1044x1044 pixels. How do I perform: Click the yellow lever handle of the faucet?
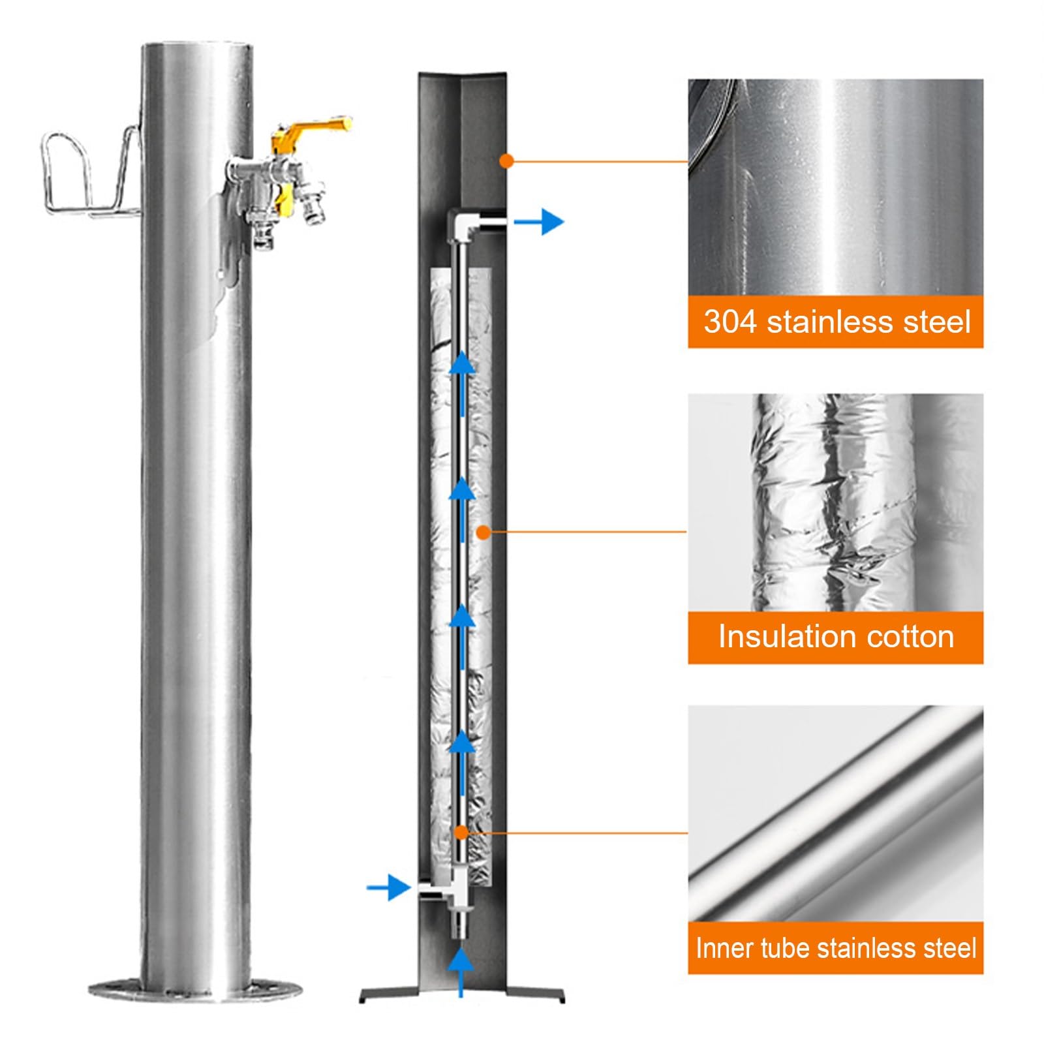tap(313, 127)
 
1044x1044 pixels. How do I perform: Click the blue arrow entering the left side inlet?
tap(388, 887)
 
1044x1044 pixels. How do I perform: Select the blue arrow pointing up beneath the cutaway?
tap(461, 972)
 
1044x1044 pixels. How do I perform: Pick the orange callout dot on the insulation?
tap(483, 532)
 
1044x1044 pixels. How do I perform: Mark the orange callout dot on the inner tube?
tap(461, 833)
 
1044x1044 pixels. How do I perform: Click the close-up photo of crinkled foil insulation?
tap(835, 502)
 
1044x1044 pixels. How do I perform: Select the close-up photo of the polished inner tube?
tap(835, 813)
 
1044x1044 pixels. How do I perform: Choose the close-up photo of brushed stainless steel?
tap(835, 188)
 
